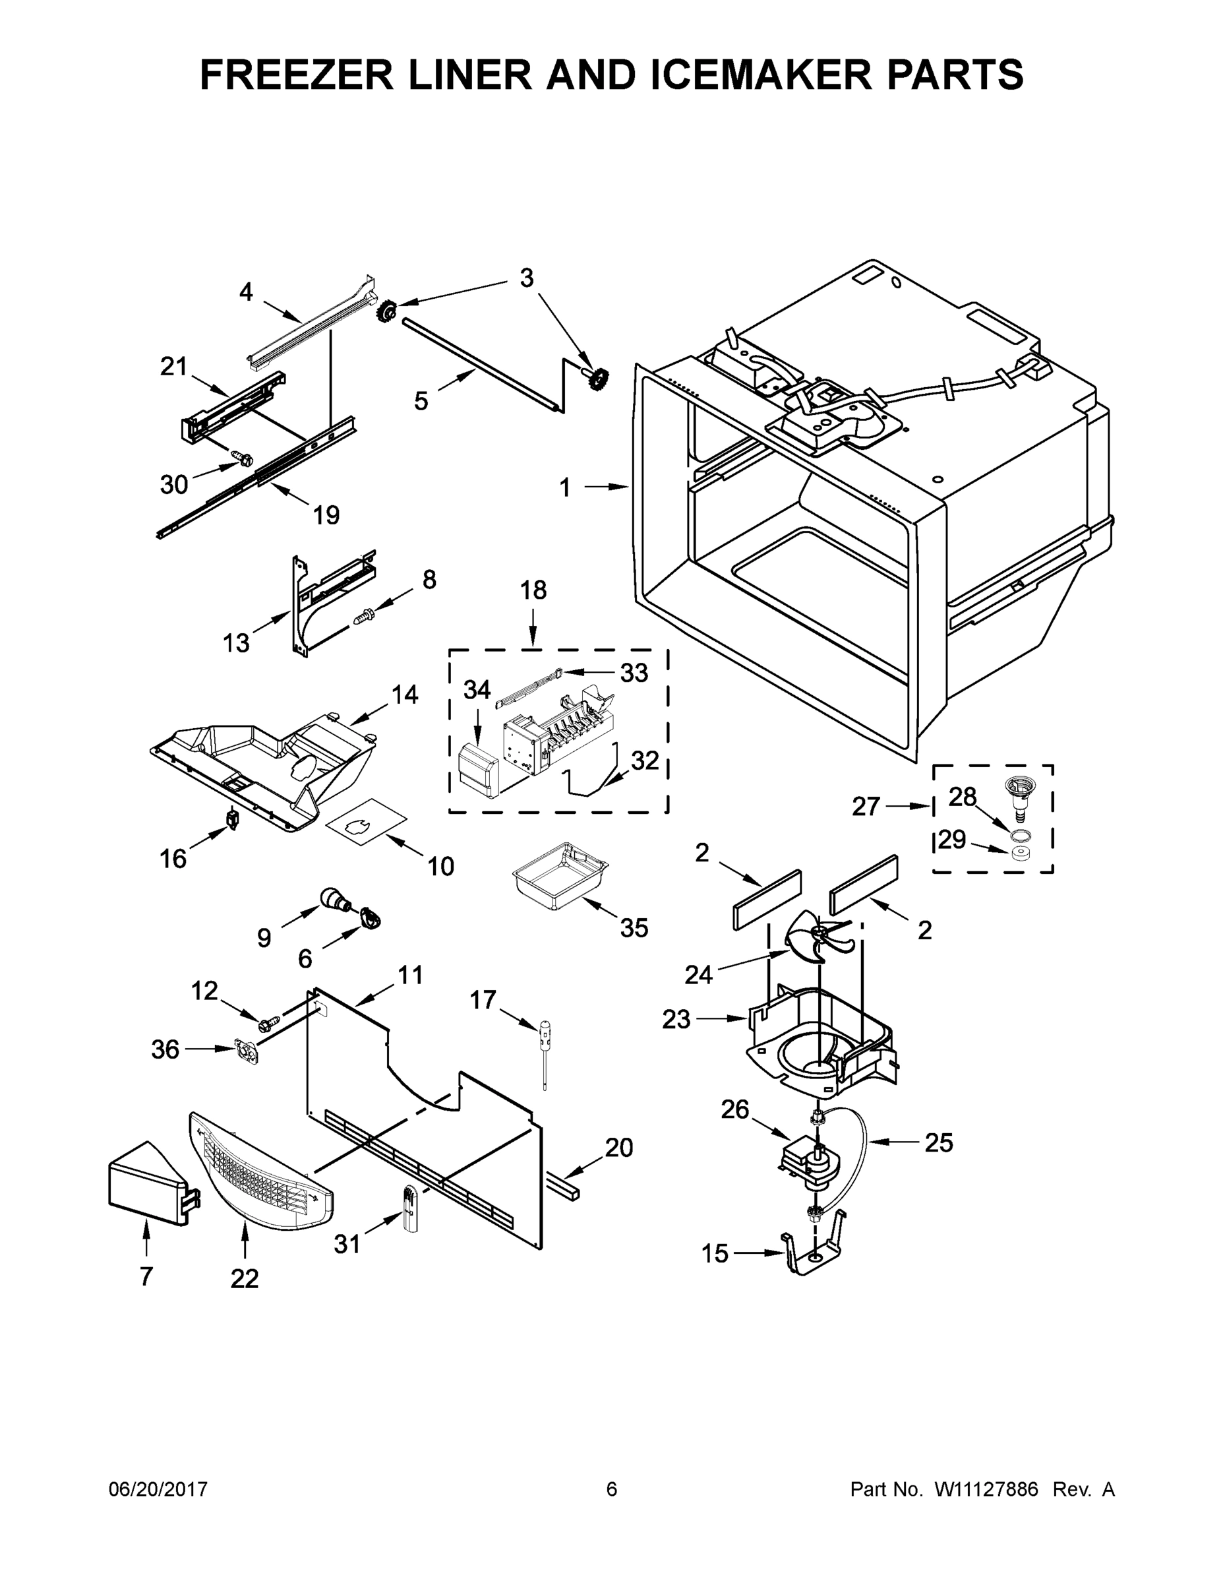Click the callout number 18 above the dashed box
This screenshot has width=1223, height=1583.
point(533,590)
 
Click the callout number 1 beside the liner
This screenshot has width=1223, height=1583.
point(565,488)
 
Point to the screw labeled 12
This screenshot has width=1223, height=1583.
point(265,1024)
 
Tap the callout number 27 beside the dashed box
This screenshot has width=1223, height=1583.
point(866,807)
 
